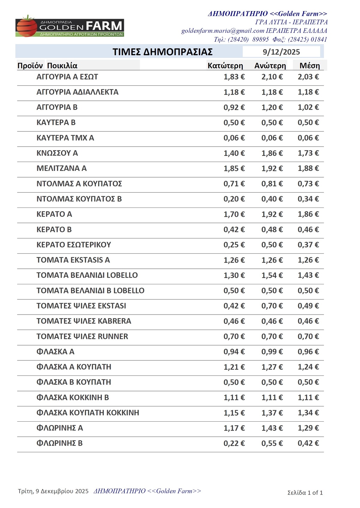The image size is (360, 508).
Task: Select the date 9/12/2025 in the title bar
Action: pyautogui.click(x=281, y=52)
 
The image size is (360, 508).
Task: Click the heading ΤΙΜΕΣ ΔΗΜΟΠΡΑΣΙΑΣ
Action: pyautogui.click(x=163, y=52)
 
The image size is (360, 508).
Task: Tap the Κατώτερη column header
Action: pyautogui.click(x=225, y=66)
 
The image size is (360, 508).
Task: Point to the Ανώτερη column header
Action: pyautogui.click(x=270, y=66)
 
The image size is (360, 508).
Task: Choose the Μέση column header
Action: pyautogui.click(x=310, y=66)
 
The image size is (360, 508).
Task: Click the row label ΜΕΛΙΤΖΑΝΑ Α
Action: pyautogui.click(x=61, y=168)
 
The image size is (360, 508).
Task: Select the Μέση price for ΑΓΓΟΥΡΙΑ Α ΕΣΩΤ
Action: pyautogui.click(x=308, y=77)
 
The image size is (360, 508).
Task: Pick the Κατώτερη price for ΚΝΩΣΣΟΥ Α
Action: pyautogui.click(x=234, y=153)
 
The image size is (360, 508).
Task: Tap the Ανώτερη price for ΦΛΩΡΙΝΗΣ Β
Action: pyautogui.click(x=272, y=443)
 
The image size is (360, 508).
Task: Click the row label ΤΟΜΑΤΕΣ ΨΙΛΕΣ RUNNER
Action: pyautogui.click(x=82, y=336)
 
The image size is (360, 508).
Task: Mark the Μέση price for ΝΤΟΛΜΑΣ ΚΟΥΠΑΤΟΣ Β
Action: pyautogui.click(x=308, y=199)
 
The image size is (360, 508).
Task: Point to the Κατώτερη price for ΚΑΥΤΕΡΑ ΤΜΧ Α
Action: pyautogui.click(x=234, y=138)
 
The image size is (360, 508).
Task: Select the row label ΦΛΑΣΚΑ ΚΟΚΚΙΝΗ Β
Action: pyautogui.click(x=73, y=397)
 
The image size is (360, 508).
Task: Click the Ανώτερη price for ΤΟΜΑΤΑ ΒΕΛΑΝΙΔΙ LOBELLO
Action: pyautogui.click(x=272, y=275)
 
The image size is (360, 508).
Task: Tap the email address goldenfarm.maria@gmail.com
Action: pyautogui.click(x=223, y=31)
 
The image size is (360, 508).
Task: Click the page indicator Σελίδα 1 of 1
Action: pyautogui.click(x=305, y=492)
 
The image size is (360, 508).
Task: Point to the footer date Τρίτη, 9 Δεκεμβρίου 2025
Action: pyautogui.click(x=53, y=491)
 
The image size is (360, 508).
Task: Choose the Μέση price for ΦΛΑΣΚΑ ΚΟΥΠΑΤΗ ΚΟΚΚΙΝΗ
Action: pyautogui.click(x=308, y=413)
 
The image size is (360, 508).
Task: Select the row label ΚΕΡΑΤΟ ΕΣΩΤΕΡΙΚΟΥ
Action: pyautogui.click(x=74, y=245)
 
